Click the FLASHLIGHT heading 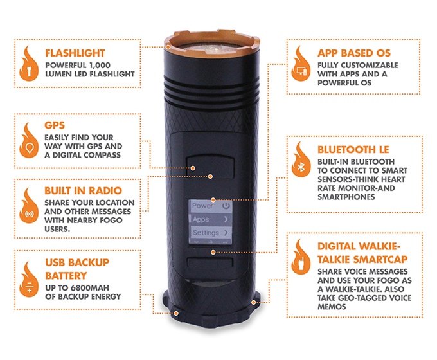coord(75,53)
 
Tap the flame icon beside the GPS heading coord(29,140)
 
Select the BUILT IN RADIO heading coord(83,190)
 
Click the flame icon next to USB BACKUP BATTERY coord(29,279)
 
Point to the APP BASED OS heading coord(354,53)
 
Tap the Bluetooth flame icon coord(301,159)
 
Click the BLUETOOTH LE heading coord(353,150)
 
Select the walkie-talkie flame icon coord(301,256)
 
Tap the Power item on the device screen coord(210,206)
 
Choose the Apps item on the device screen coord(210,219)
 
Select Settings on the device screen coord(210,232)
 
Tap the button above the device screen coord(210,166)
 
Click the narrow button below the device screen coord(210,263)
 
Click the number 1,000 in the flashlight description coord(100,66)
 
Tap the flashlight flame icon coord(29,64)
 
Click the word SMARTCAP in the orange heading coord(382,259)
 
